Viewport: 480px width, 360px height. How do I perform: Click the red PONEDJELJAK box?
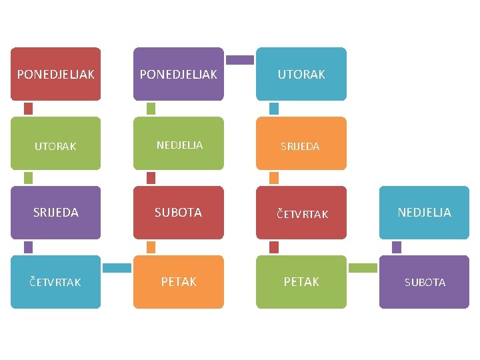[x=55, y=74]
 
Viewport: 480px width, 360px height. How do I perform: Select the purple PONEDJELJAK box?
[x=178, y=74]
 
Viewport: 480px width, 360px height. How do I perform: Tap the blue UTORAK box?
[x=301, y=74]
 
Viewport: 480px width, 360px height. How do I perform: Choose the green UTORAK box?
[x=55, y=143]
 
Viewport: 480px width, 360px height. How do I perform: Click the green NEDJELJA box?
[x=178, y=143]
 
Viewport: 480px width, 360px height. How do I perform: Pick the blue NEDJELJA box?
[x=424, y=213]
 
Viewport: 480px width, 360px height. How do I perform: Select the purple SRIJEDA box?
[x=55, y=213]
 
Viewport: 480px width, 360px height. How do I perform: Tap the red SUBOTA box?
[x=178, y=213]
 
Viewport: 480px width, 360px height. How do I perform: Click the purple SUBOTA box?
[x=424, y=282]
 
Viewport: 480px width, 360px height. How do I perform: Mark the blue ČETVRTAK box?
[x=55, y=282]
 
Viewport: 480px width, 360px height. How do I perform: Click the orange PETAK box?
[x=178, y=282]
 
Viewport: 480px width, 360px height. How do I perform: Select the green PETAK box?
[x=301, y=282]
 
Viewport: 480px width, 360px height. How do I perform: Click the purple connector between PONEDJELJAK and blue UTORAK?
[x=240, y=60]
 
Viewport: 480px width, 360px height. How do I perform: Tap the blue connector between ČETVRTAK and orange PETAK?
[x=117, y=268]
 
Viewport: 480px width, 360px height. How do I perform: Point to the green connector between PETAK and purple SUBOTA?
[x=363, y=268]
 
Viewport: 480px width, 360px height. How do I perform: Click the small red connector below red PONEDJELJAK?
[x=28, y=109]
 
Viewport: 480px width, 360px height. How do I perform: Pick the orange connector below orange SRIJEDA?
[x=273, y=178]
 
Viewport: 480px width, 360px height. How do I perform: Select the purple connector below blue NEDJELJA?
[x=397, y=247]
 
